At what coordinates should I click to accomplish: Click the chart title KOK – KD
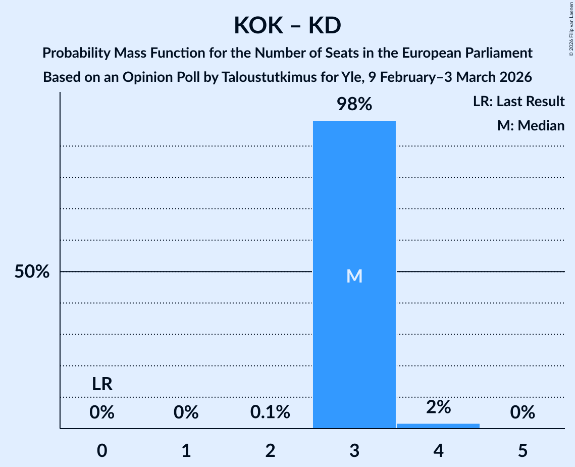pos(287,26)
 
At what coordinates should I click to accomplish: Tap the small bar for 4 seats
pos(438,426)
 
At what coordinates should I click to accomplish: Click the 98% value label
pos(354,105)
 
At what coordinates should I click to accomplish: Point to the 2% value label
pos(438,407)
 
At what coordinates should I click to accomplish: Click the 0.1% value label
pos(270,412)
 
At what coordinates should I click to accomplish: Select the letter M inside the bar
pos(354,276)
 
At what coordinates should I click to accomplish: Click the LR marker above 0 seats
pos(102,385)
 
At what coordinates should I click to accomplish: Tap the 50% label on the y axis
pos(32,272)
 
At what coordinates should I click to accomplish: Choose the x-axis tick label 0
pos(102,451)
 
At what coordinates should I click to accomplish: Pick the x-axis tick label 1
pos(186,451)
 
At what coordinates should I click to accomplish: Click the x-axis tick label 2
pos(270,451)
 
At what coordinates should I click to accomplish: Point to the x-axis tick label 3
pos(354,451)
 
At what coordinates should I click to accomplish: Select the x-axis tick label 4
pos(438,451)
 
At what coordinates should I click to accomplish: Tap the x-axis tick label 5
pos(522,451)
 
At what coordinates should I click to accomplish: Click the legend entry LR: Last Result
pos(518,102)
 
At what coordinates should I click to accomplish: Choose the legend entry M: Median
pos(531,125)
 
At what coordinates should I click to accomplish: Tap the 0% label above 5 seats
pos(522,412)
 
